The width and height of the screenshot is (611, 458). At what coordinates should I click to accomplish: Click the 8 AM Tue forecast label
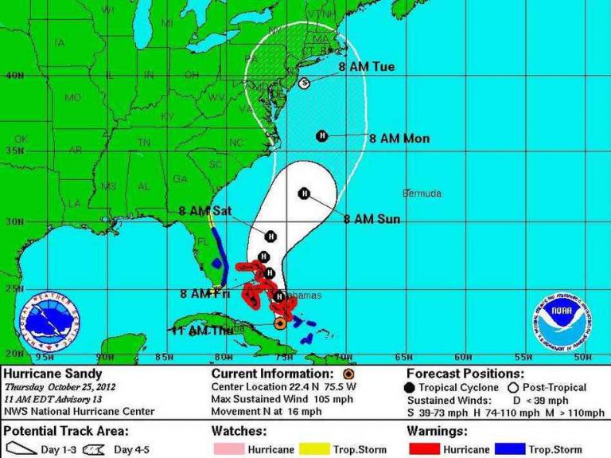(x=366, y=67)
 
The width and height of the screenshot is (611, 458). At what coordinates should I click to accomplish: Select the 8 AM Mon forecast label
(x=399, y=139)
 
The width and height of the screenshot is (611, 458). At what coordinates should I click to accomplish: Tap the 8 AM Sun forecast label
(x=372, y=218)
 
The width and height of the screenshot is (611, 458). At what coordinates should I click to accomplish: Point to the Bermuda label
(x=422, y=194)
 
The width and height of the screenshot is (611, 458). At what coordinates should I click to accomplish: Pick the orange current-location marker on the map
(x=279, y=323)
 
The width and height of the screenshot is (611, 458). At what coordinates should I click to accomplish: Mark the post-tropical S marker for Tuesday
(x=303, y=83)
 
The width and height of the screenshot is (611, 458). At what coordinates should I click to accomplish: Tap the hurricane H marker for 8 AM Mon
(x=322, y=135)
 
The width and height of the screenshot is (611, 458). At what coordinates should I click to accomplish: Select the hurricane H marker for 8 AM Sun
(x=304, y=193)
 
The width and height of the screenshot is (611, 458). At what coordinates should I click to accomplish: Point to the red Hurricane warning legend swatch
(x=425, y=449)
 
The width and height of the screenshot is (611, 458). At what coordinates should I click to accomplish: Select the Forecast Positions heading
(x=465, y=374)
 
